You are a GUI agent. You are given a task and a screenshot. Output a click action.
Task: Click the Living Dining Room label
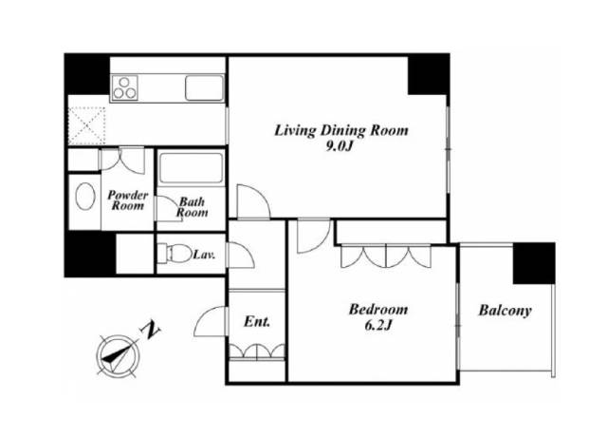[341, 130]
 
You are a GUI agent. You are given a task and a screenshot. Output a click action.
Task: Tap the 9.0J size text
[340, 146]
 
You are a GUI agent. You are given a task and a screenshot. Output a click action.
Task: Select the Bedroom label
[378, 310]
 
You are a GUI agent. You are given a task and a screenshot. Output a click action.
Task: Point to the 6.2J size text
[378, 326]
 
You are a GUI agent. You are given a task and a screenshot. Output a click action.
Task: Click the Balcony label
[506, 311]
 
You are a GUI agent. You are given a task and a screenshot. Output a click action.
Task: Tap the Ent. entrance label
[257, 321]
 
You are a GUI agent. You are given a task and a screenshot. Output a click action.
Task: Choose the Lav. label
[204, 256]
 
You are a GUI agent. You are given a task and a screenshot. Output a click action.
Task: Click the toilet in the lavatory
[175, 254]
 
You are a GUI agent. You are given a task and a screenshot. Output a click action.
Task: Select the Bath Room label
[192, 207]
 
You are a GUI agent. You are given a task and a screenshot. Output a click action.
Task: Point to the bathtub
[192, 168]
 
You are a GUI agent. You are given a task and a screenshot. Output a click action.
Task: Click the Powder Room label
[127, 200]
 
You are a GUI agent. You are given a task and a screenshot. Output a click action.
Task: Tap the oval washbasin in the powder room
[85, 197]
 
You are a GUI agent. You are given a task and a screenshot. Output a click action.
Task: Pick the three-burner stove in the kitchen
[124, 87]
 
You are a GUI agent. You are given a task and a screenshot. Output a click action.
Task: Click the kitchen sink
[204, 88]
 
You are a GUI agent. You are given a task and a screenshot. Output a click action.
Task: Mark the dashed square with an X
[86, 126]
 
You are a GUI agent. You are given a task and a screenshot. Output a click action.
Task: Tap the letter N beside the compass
[151, 330]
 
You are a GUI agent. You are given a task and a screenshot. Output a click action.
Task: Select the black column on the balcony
[534, 263]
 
